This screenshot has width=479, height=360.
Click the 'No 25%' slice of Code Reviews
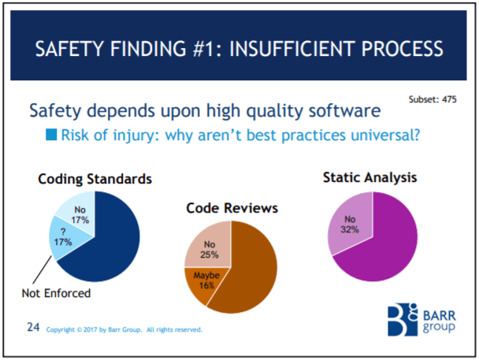click(207, 248)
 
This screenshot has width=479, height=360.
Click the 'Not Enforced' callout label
click(54, 294)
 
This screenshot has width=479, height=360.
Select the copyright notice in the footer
click(124, 329)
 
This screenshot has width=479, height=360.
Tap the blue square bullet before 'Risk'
click(51, 135)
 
